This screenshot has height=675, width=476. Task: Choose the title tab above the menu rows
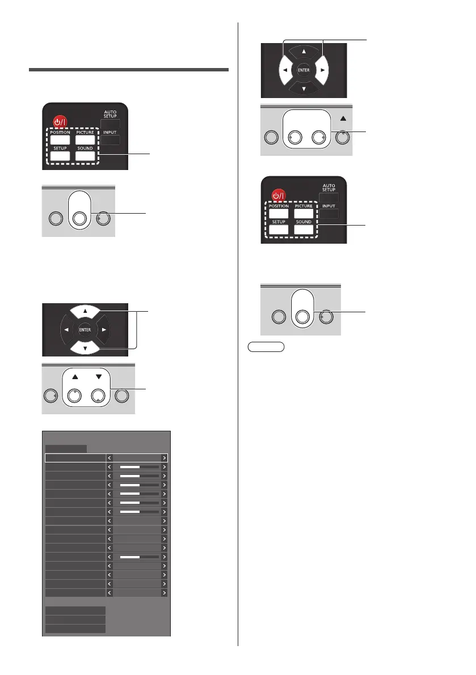tap(66, 448)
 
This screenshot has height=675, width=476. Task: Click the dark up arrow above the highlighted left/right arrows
tap(303, 50)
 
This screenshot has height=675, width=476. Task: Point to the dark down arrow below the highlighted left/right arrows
tap(303, 88)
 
